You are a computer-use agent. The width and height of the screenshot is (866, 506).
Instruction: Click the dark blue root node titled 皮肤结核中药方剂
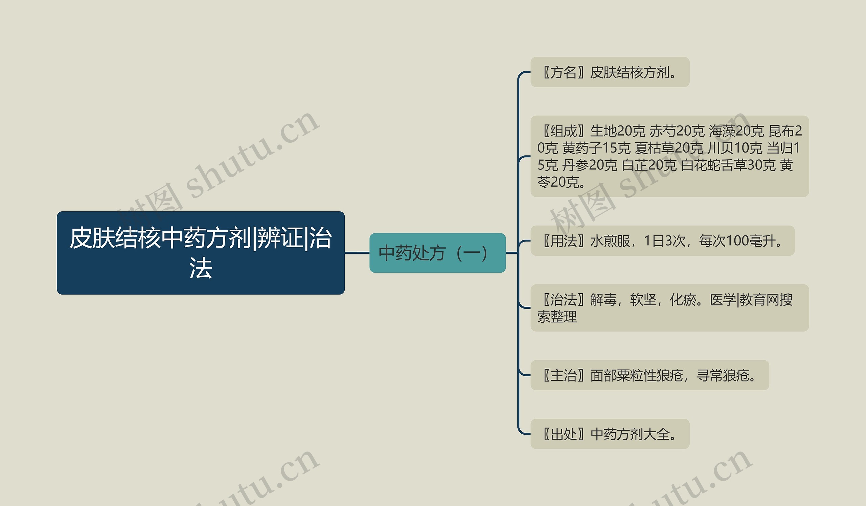click(x=201, y=252)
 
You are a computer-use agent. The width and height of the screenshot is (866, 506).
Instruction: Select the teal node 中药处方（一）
click(x=437, y=253)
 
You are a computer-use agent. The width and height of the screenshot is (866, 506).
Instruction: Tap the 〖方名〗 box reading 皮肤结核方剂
click(x=610, y=72)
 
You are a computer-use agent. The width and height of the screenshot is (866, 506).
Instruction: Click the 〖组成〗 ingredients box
click(x=669, y=156)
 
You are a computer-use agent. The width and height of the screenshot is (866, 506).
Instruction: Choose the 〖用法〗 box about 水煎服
click(x=662, y=241)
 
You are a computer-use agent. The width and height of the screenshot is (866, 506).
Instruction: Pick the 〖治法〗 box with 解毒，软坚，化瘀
click(x=669, y=308)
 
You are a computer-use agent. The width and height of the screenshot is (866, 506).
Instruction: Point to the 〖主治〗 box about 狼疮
click(x=649, y=375)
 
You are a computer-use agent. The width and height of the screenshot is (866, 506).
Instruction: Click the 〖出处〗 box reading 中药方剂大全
click(x=610, y=434)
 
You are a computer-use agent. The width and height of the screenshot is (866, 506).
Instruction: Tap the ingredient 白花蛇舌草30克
click(x=728, y=165)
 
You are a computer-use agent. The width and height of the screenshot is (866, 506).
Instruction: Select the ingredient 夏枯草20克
click(x=669, y=148)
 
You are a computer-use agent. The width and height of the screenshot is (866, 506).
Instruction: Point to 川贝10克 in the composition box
click(x=735, y=148)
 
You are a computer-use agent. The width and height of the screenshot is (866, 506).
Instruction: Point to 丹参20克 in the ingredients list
click(x=590, y=165)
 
